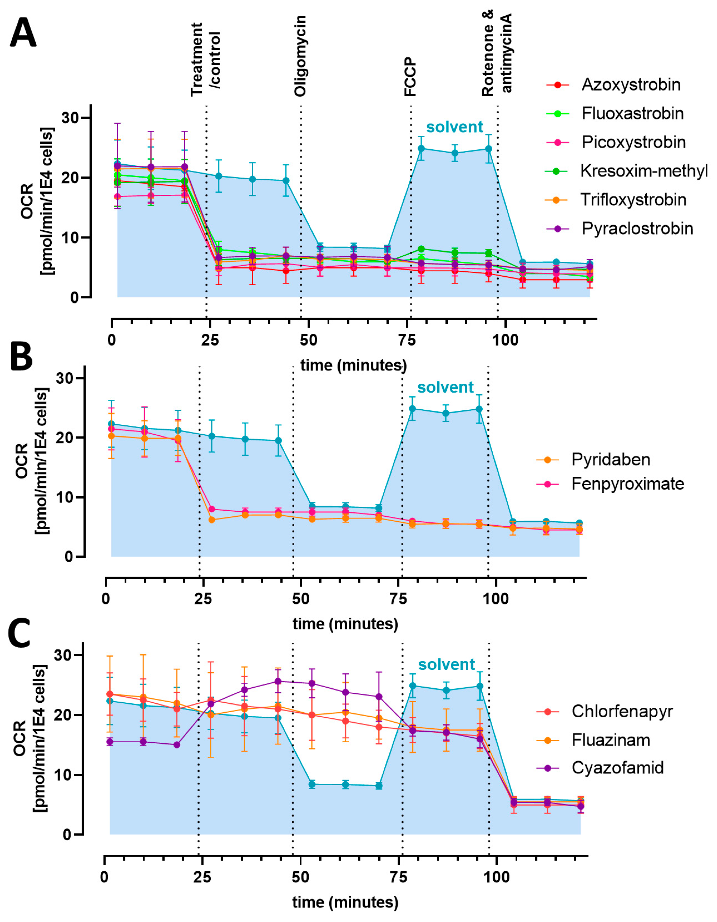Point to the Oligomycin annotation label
coord(300,56)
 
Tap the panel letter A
coord(23,34)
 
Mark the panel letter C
coord(20,633)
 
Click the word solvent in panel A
coord(454,127)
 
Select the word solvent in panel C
coord(447,665)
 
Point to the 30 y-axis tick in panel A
coord(70,118)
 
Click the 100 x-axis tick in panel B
coord(496,599)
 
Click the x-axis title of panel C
coord(345,902)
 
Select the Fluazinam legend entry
coord(610,740)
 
